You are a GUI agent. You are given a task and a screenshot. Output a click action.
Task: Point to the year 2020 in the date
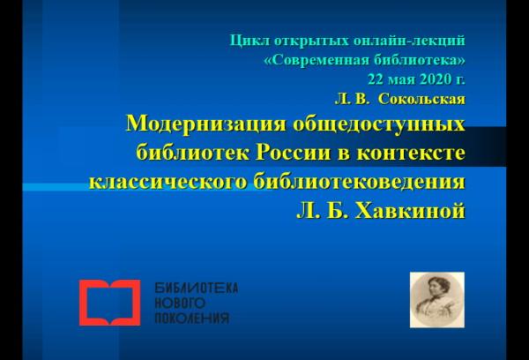pos(436,79)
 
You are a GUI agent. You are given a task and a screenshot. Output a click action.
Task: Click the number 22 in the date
pos(376,79)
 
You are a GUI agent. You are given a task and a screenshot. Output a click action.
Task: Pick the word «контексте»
pos(411,153)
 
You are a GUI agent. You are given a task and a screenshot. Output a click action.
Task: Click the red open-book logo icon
pos(110,303)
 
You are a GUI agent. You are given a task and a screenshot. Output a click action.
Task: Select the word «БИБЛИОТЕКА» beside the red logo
pos(197,288)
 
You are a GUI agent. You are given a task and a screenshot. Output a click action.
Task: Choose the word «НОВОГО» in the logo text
pos(180,303)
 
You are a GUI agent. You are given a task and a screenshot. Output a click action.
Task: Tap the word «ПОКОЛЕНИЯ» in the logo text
pos(191,319)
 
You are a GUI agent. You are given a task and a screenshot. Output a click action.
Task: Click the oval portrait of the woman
pos(437,300)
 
